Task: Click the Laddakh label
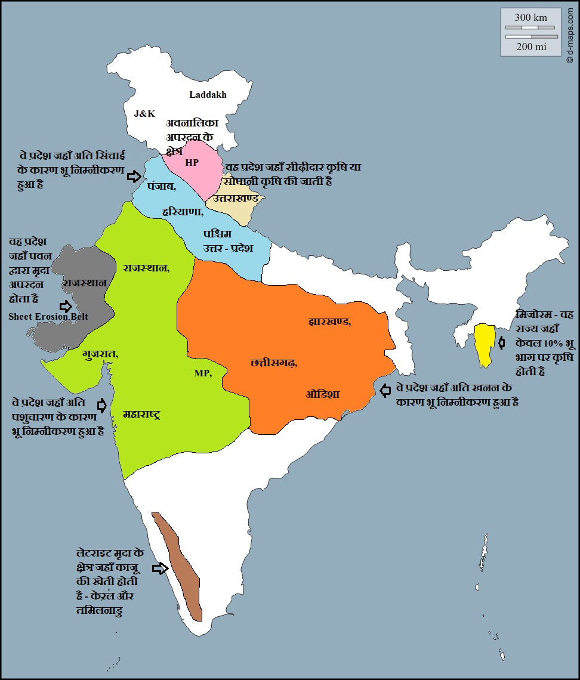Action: coord(208,94)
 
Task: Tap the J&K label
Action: coord(144,113)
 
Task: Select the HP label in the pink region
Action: coord(192,162)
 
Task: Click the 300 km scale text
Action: coord(530,17)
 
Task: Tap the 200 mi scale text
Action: coord(530,47)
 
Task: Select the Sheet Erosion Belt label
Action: coord(48,317)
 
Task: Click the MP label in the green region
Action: coord(202,373)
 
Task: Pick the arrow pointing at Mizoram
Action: coord(502,343)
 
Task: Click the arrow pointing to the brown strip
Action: coord(160,568)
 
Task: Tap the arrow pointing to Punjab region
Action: coord(135,176)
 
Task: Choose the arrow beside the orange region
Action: coord(385,390)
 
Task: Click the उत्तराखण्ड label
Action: coord(237,197)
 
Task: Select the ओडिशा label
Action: coord(323,394)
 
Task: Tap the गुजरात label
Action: coord(100,354)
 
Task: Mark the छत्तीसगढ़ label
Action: coord(274,362)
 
